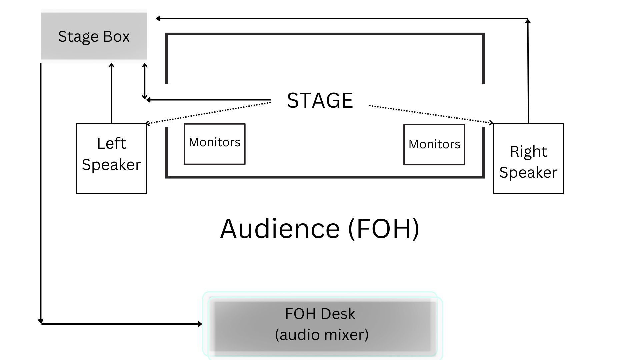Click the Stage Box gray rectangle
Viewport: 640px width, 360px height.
pos(94,36)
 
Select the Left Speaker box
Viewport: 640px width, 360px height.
pos(111,159)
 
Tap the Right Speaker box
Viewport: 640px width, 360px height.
pos(528,159)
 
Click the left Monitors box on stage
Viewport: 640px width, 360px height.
pos(214,144)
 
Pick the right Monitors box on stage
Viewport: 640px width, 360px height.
pos(434,144)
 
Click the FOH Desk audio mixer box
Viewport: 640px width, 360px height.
pos(322,325)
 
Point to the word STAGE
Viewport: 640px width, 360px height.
pos(320,100)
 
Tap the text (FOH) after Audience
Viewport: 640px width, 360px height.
pos(383,229)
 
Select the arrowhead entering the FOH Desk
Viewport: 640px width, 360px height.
pos(200,324)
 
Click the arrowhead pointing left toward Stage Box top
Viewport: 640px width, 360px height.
pos(159,19)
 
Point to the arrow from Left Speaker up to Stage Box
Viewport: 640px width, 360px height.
pos(111,93)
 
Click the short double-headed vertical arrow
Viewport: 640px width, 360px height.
pos(145,82)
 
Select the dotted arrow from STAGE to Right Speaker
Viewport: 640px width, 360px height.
pos(430,114)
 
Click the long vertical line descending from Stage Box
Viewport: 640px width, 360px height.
pos(41,193)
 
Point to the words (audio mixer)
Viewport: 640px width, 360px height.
pos(322,335)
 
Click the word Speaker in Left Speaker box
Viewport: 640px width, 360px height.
pos(111,165)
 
